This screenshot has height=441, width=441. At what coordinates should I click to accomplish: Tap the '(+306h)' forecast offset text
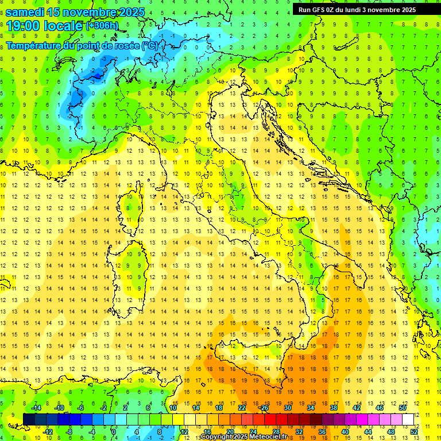[x=102, y=26]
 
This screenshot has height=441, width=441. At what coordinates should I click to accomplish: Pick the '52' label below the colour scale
[x=414, y=431]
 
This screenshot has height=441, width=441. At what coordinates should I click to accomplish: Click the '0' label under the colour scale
[x=114, y=431]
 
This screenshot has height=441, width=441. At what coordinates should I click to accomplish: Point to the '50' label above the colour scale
[x=402, y=408]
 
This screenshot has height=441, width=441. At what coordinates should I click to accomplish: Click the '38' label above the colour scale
[x=334, y=408]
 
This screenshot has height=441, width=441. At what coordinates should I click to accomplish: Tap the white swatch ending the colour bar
[x=408, y=419]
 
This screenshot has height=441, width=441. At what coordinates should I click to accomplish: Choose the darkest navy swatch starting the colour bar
[x=29, y=419]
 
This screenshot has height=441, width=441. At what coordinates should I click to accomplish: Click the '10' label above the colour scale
[x=173, y=408]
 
